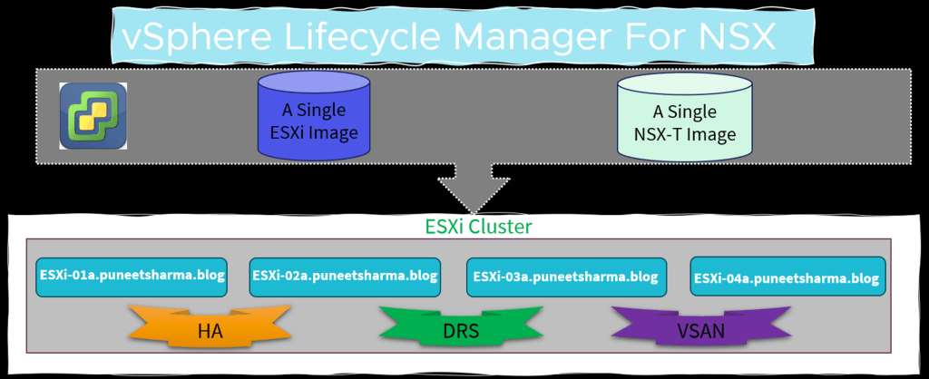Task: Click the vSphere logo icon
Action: coord(93,115)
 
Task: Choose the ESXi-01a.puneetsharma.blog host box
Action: coord(132,275)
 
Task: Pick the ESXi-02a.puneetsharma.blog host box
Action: coord(345,276)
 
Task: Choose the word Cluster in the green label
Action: coord(502,226)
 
